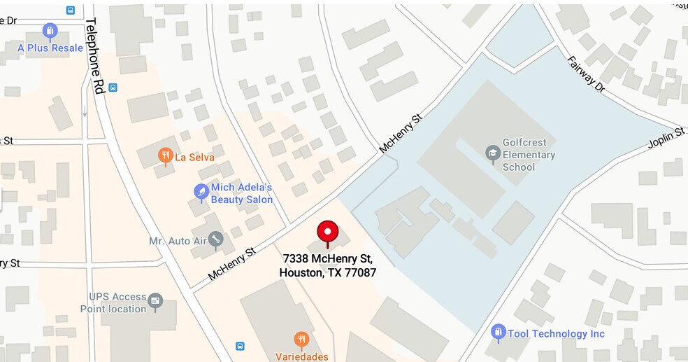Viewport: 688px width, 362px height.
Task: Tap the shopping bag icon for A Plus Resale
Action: click(50, 32)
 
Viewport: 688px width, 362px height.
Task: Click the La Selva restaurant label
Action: click(194, 158)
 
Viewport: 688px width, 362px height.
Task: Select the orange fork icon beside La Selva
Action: click(166, 156)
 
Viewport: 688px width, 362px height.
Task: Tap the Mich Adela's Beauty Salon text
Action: click(241, 194)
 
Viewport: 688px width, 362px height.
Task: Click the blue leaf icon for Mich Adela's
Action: click(201, 191)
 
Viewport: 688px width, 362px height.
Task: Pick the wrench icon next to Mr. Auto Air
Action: click(216, 241)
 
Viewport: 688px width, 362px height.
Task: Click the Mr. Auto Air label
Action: click(178, 242)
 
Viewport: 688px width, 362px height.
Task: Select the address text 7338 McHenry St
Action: click(327, 258)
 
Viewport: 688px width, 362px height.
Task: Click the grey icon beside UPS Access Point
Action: click(155, 302)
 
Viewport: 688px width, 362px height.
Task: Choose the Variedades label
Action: click(301, 356)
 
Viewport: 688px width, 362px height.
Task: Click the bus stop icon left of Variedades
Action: click(240, 346)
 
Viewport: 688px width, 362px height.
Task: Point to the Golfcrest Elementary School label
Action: click(529, 155)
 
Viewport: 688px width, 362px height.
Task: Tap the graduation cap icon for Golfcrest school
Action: click(492, 152)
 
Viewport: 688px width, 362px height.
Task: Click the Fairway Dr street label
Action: click(585, 76)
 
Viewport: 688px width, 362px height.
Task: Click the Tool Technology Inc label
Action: click(556, 334)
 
